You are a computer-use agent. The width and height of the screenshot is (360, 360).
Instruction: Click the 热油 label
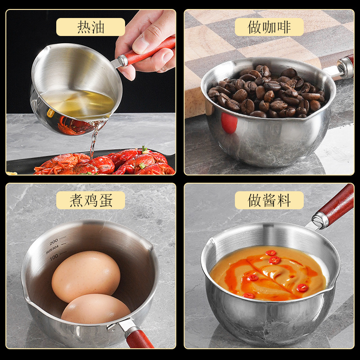click(90, 27)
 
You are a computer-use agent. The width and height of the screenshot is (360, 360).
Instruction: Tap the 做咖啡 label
click(269, 27)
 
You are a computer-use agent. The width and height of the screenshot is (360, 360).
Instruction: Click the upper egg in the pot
click(86, 276)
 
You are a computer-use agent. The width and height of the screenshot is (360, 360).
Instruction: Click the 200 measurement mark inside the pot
click(54, 241)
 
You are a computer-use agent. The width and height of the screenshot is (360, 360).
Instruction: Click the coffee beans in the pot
click(265, 92)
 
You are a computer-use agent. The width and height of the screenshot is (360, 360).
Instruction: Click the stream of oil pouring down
click(94, 137)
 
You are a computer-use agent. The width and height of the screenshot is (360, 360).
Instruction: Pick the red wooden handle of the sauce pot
click(335, 205)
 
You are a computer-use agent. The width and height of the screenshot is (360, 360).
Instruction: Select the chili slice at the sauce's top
click(271, 253)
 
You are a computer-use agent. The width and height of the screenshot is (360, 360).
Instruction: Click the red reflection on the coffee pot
click(229, 123)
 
